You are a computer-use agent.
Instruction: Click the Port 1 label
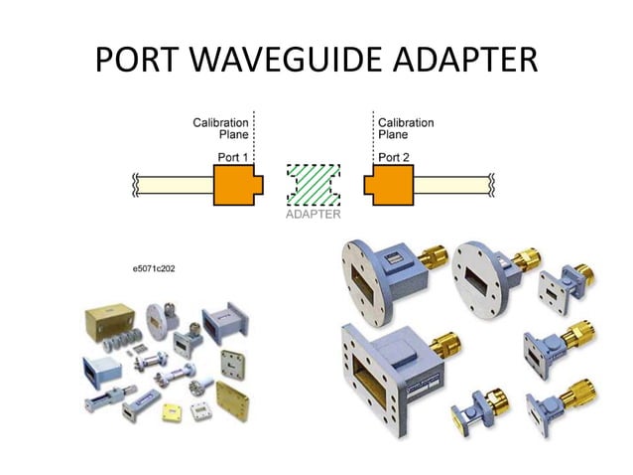pos(234,157)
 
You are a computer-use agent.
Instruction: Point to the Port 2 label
pos(394,157)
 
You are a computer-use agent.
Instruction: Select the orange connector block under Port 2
pos(390,185)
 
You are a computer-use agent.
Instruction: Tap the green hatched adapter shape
pos(314,185)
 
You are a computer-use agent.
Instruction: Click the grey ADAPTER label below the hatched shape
pos(314,214)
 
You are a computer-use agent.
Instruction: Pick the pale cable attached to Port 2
pos(452,185)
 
